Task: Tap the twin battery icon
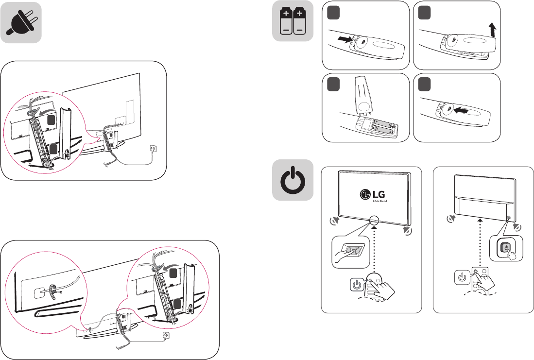point(292,22)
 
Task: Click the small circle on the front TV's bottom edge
point(374,219)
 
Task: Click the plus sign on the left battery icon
point(286,14)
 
